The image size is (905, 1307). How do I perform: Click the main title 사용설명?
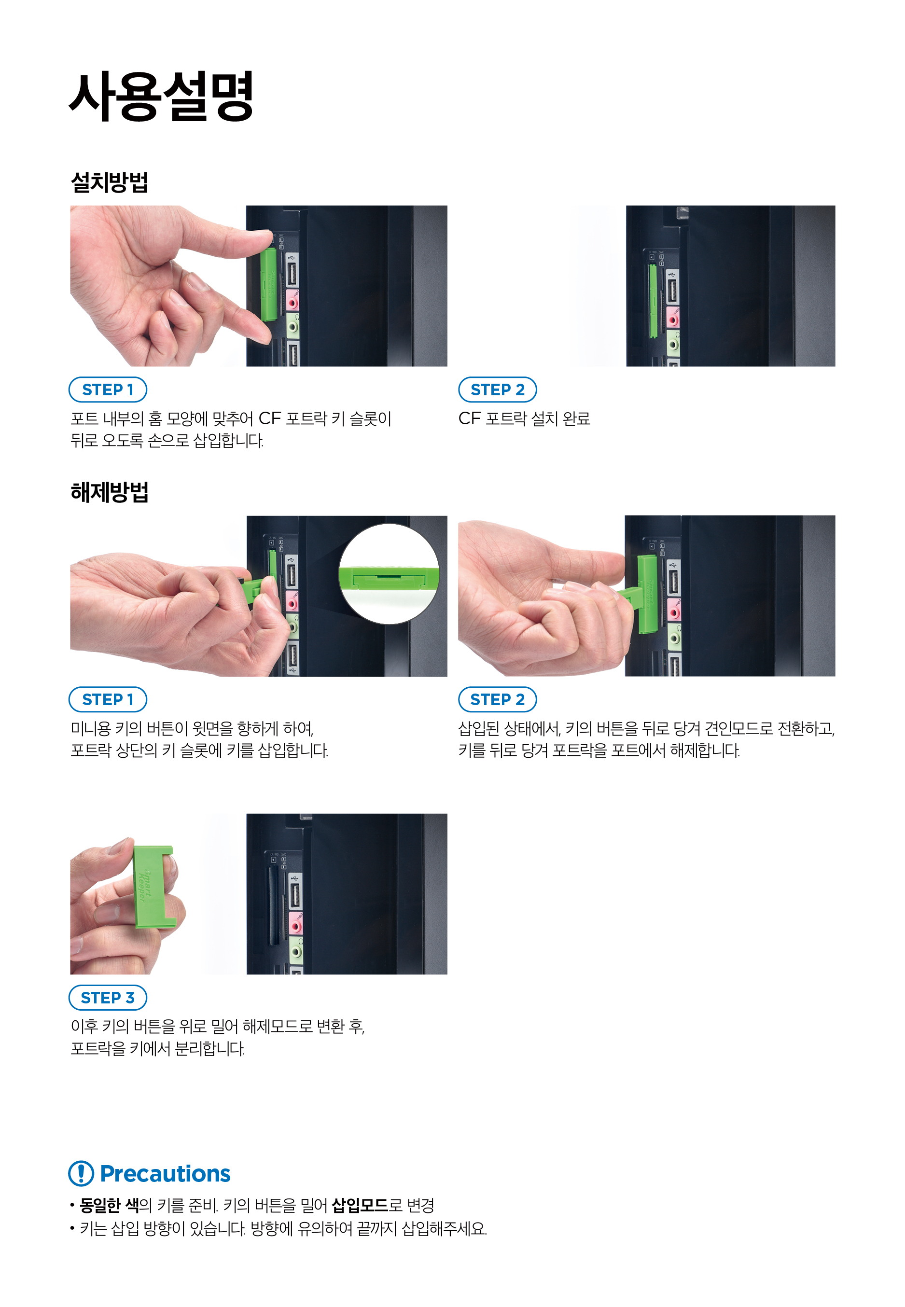pyautogui.click(x=161, y=97)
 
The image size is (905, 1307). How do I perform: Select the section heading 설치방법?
pyautogui.click(x=110, y=182)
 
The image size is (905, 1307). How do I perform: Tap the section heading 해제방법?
pyautogui.click(x=110, y=492)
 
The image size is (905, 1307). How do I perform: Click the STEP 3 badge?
pyautogui.click(x=108, y=998)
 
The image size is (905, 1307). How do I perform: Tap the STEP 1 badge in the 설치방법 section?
pyautogui.click(x=108, y=389)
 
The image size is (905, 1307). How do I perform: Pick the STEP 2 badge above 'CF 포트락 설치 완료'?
pyautogui.click(x=497, y=389)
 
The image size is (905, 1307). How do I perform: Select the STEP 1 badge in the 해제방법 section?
pyautogui.click(x=108, y=699)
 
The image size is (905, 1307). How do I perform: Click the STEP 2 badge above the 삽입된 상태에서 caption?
pyautogui.click(x=497, y=699)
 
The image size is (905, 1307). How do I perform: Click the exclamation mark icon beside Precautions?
pyautogui.click(x=81, y=1173)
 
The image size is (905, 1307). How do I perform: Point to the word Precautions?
pyautogui.click(x=165, y=1173)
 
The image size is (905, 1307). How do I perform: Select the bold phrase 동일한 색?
pyautogui.click(x=110, y=1205)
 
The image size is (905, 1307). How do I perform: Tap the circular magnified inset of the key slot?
pyautogui.click(x=389, y=574)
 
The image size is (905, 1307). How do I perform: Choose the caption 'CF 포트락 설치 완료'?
pyautogui.click(x=524, y=418)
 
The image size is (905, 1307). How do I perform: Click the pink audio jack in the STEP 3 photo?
pyautogui.click(x=295, y=924)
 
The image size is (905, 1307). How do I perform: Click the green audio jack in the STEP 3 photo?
pyautogui.click(x=295, y=950)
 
